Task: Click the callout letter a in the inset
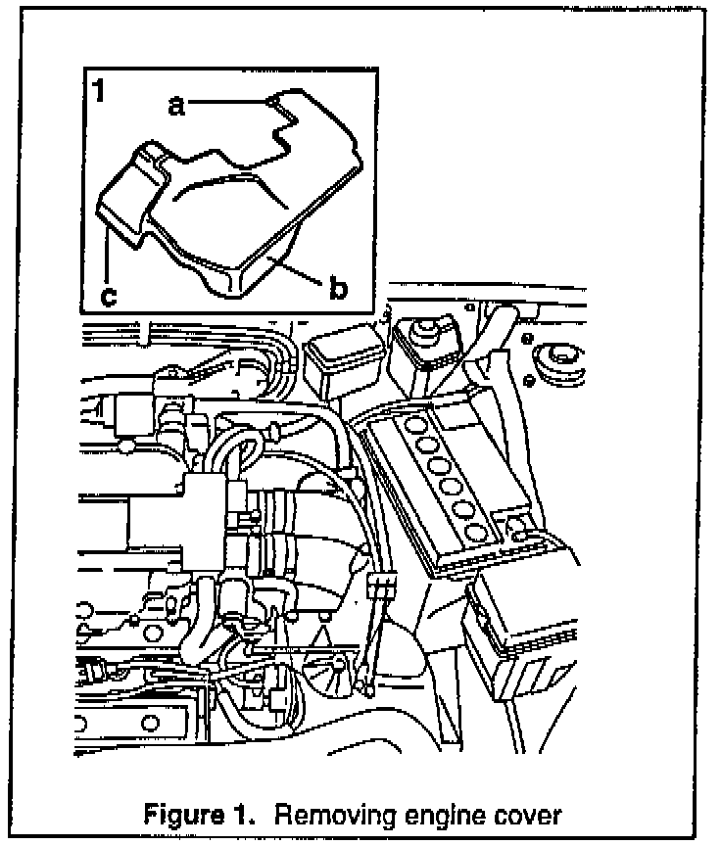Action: point(176,106)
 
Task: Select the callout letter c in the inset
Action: point(109,296)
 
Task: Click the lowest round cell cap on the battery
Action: point(478,533)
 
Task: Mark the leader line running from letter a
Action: point(225,100)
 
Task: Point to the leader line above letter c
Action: point(105,255)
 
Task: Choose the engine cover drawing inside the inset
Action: point(235,196)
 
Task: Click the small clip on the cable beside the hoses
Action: point(381,587)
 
